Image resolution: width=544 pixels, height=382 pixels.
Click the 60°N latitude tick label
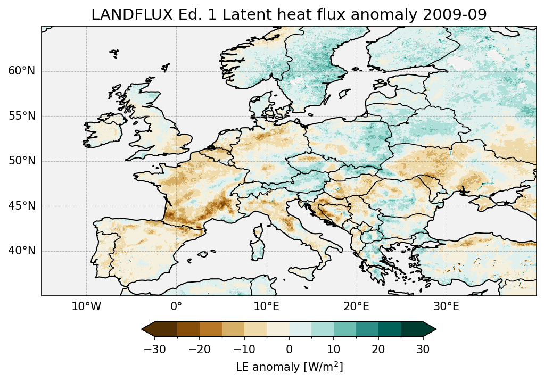click(22, 71)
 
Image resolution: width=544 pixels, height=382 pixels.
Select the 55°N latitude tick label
click(22, 116)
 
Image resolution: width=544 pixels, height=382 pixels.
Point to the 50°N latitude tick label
click(22, 161)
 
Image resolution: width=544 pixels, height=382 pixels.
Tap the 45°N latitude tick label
click(22, 206)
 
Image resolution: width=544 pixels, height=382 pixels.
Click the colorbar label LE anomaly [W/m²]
click(289, 367)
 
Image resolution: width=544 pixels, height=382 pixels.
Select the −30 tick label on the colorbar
click(154, 350)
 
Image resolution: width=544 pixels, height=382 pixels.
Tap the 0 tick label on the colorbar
click(289, 350)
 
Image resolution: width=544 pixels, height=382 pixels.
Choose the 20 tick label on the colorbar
click(378, 350)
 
